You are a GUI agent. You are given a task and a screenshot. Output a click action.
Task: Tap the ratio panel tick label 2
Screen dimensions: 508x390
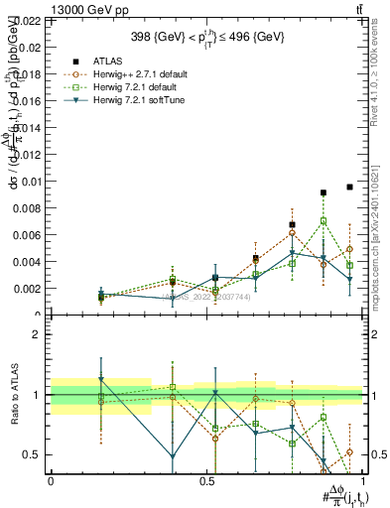point(37,334)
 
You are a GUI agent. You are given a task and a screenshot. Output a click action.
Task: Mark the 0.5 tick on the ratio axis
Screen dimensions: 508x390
point(32,454)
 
